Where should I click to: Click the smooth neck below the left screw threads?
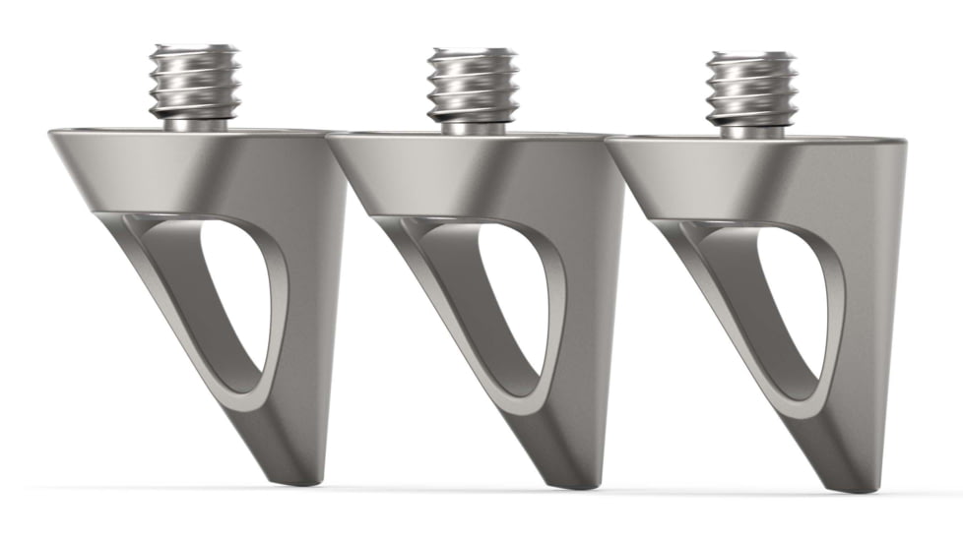[x=194, y=125]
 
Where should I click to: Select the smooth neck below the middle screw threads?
[x=473, y=128]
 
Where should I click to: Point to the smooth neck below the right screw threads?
[x=751, y=131]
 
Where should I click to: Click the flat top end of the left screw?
[x=194, y=48]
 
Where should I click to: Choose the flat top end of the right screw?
[x=751, y=56]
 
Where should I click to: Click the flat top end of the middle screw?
[x=473, y=52]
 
